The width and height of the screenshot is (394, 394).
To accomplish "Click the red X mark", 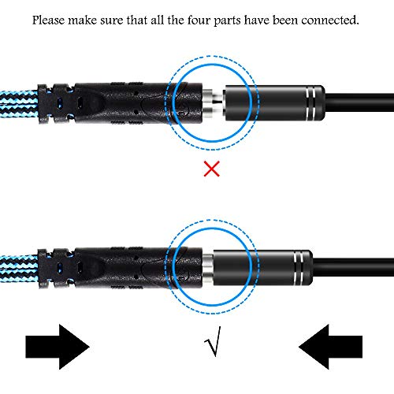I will coord(212,169).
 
